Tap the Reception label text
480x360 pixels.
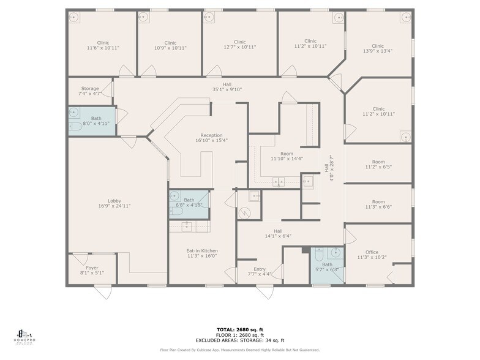211,138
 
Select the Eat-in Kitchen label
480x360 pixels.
202,253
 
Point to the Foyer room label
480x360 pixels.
92,270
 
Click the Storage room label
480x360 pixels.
90,91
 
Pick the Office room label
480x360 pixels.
372,255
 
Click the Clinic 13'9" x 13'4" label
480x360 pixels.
377,48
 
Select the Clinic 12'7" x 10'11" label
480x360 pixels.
239,45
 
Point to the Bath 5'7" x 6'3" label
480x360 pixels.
328,268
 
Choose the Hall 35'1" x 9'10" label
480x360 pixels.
227,87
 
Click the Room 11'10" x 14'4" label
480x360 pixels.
287,156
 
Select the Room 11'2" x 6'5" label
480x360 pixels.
378,164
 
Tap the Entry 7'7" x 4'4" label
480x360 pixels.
260,271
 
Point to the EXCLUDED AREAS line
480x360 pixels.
240,340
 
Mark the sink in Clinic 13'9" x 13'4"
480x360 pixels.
405,18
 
